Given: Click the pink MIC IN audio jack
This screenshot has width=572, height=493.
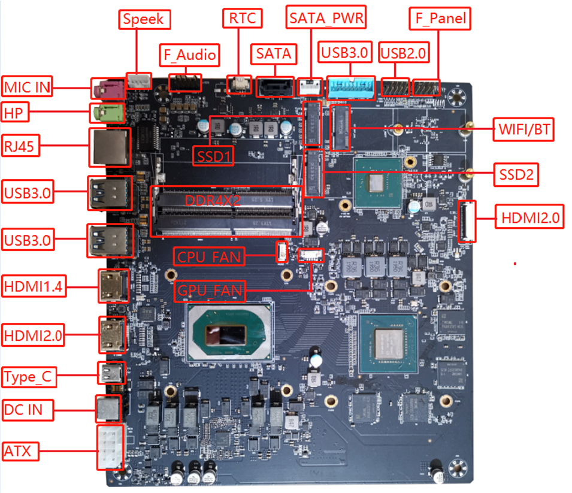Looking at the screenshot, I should pyautogui.click(x=108, y=89).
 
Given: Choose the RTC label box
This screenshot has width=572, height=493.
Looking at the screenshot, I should pyautogui.click(x=242, y=18).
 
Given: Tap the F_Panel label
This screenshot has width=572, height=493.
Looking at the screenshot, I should pyautogui.click(x=439, y=18).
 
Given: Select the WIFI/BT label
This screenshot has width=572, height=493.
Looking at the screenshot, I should pyautogui.click(x=522, y=129).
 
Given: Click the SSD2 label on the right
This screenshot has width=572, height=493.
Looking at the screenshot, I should pyautogui.click(x=515, y=175).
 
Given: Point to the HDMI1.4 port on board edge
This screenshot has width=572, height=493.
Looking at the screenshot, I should pyautogui.click(x=112, y=286).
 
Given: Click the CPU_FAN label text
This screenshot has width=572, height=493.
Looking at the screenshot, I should pyautogui.click(x=209, y=257).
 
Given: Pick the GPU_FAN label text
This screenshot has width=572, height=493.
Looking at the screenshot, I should pyautogui.click(x=210, y=292).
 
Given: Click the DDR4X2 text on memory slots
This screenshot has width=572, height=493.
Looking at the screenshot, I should pyautogui.click(x=213, y=201).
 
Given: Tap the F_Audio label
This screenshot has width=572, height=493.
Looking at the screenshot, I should pyautogui.click(x=189, y=55).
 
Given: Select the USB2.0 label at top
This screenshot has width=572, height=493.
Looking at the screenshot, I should pyautogui.click(x=404, y=53).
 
